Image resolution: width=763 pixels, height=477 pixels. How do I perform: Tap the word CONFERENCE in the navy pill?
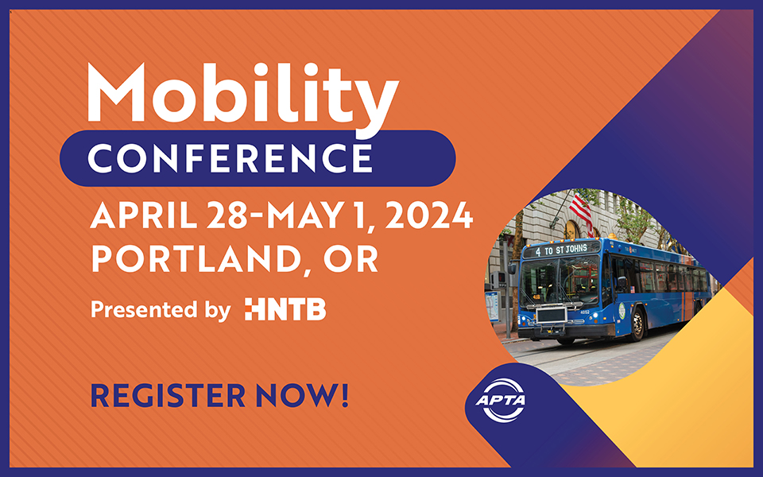tap(230, 158)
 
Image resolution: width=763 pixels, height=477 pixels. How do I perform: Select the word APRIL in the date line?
tap(144, 215)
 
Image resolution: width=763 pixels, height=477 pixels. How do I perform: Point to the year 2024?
tap(429, 215)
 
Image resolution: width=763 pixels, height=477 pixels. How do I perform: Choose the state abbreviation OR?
tap(351, 258)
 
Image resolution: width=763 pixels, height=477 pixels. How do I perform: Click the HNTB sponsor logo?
tap(285, 309)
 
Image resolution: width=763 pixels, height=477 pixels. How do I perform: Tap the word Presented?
tap(144, 309)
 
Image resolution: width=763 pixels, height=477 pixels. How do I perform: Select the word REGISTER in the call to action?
tap(168, 395)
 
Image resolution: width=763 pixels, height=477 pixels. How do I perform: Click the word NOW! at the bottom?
tap(302, 395)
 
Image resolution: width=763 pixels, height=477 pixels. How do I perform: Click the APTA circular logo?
tap(501, 400)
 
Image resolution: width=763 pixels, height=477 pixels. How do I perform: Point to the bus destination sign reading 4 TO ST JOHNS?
tap(562, 250)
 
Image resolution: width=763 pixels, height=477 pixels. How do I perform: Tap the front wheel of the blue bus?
tap(637, 324)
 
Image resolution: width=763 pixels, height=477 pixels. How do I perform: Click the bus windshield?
tap(560, 281)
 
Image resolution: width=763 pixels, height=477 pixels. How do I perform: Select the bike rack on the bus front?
tap(552, 317)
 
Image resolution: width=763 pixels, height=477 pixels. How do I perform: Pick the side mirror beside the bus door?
tap(622, 283)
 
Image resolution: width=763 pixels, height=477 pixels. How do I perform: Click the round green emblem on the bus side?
tap(622, 311)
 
